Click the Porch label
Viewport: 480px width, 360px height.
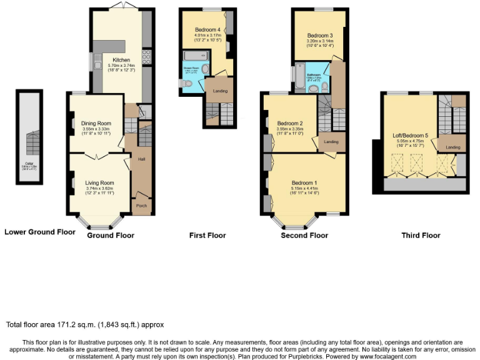click(x=142, y=204)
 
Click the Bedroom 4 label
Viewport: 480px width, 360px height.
click(x=207, y=29)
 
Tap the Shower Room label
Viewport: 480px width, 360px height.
click(x=190, y=67)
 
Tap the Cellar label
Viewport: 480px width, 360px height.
click(x=29, y=164)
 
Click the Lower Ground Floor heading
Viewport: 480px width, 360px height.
click(x=39, y=232)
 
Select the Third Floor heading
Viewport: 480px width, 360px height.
click(x=421, y=236)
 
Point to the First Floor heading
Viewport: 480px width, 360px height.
click(x=207, y=236)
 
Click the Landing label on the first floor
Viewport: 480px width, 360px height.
click(x=220, y=91)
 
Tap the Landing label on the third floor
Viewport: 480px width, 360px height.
click(x=452, y=147)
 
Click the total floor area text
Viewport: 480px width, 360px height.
click(x=84, y=325)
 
